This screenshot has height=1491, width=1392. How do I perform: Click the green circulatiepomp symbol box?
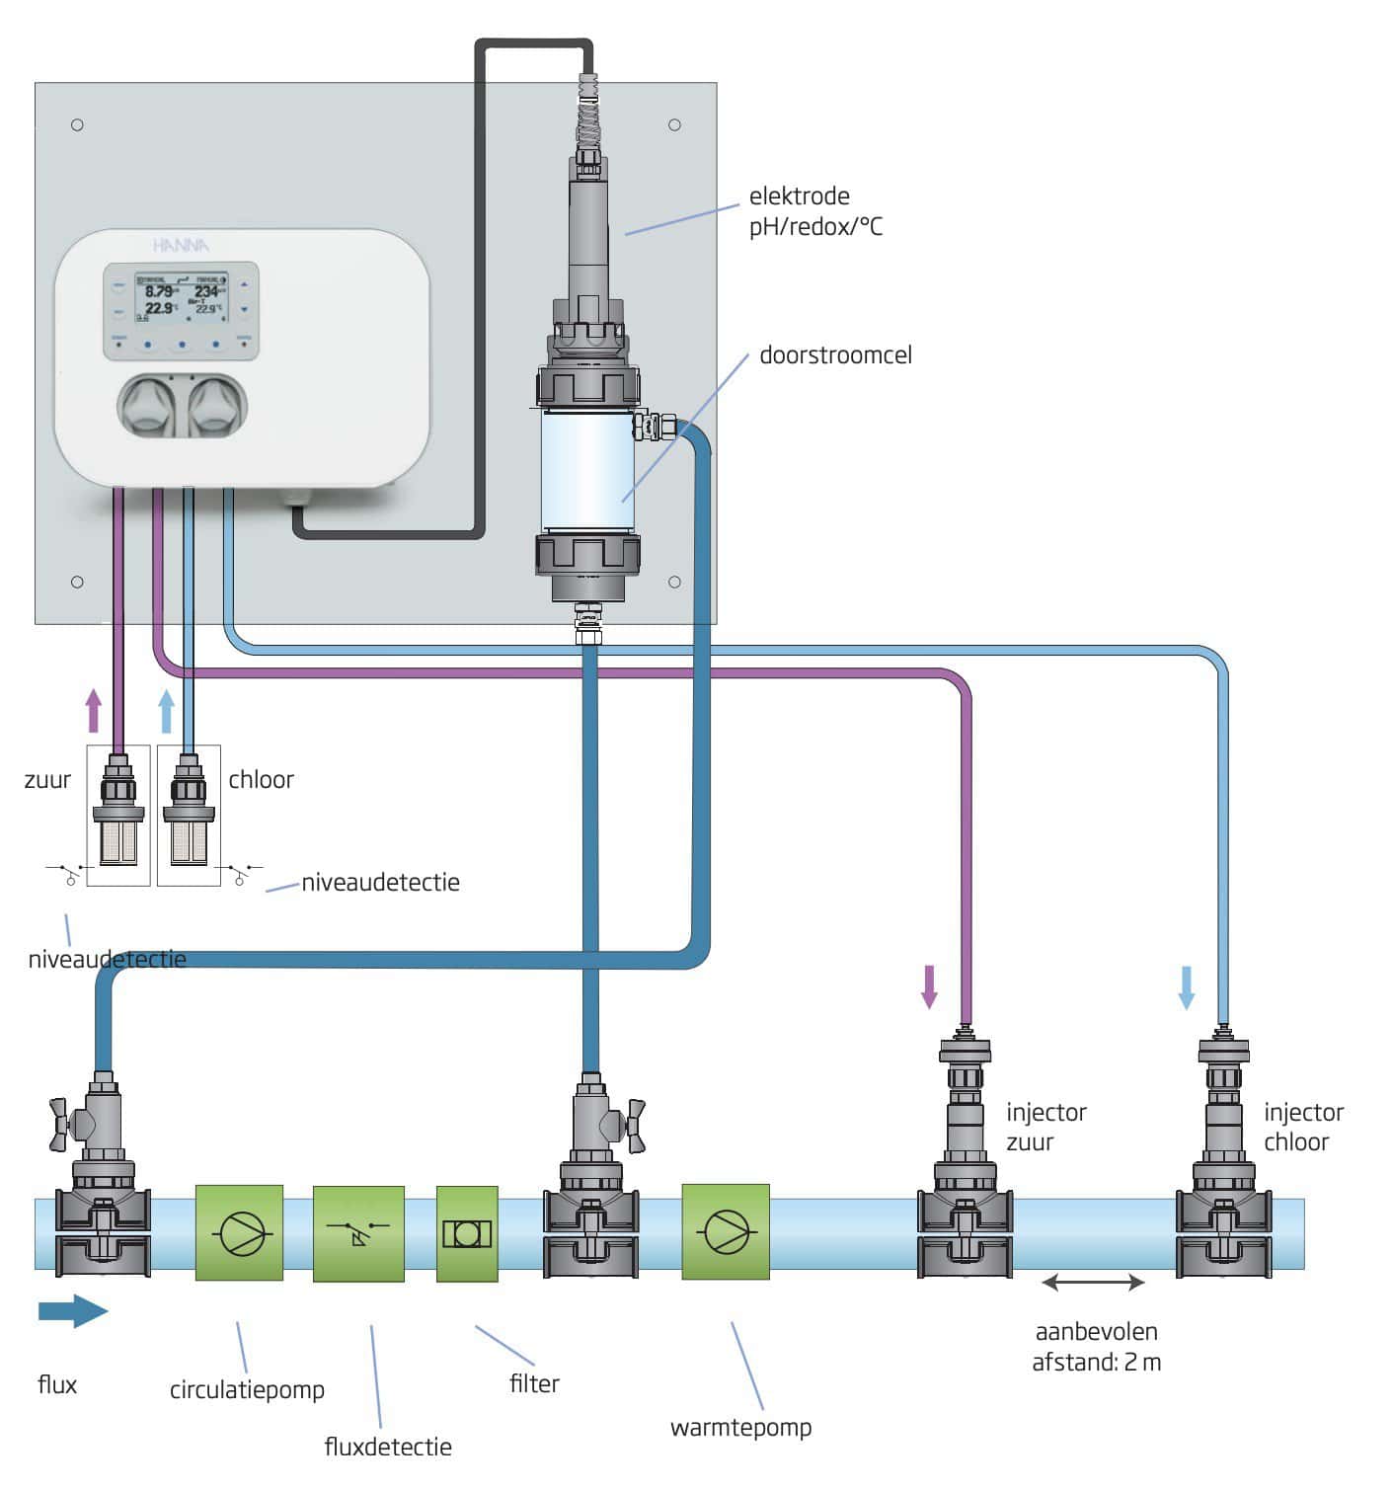click(x=239, y=1233)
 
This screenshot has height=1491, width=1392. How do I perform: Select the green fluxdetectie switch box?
click(x=358, y=1233)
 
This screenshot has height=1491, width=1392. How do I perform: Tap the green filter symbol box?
click(x=467, y=1233)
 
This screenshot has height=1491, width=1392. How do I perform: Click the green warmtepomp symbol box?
click(x=726, y=1233)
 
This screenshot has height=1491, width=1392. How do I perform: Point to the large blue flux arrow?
click(x=72, y=1311)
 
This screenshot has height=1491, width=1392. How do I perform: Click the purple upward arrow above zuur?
click(x=94, y=710)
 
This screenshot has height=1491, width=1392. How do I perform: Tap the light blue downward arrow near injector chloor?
click(x=1187, y=986)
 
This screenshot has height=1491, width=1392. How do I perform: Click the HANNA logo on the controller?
click(x=181, y=245)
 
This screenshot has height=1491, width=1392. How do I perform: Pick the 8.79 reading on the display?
click(x=158, y=291)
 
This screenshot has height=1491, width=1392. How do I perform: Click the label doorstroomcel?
click(x=835, y=355)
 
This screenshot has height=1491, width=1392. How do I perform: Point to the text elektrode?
click(x=799, y=196)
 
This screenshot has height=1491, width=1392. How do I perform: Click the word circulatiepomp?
click(x=247, y=1389)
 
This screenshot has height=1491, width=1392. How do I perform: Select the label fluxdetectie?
click(x=388, y=1447)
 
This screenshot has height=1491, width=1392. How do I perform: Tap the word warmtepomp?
click(x=740, y=1427)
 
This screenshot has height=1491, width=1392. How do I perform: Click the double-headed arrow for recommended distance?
click(x=1093, y=1283)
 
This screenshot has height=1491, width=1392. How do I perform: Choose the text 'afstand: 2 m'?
click(x=1096, y=1363)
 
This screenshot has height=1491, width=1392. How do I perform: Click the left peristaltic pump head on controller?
click(x=148, y=407)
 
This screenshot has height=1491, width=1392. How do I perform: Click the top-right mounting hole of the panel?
click(x=674, y=124)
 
